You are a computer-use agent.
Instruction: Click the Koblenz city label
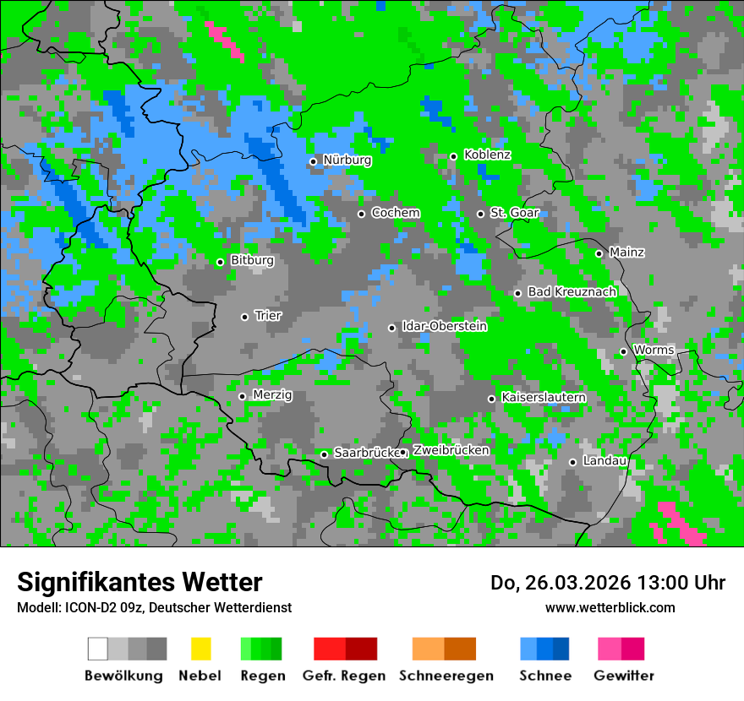487,155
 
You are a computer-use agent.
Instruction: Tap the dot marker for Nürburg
313,161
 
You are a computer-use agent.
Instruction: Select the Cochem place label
395,213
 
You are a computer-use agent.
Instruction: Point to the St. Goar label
514,213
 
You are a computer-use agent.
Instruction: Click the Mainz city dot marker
599,253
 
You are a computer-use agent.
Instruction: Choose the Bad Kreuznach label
572,291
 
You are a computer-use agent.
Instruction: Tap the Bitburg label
252,260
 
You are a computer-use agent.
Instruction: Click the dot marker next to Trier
244,317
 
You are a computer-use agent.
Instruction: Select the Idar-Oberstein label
444,326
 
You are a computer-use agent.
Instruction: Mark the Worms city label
654,350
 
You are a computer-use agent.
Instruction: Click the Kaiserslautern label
544,397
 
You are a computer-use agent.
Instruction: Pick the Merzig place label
272,394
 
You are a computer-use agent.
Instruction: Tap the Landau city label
604,460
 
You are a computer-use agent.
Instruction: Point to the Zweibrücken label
451,450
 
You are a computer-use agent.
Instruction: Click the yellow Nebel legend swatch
200,649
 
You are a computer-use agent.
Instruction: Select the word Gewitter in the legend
624,676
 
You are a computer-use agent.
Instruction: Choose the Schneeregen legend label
446,676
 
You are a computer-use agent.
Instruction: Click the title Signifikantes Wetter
139,582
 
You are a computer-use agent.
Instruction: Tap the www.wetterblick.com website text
610,607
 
